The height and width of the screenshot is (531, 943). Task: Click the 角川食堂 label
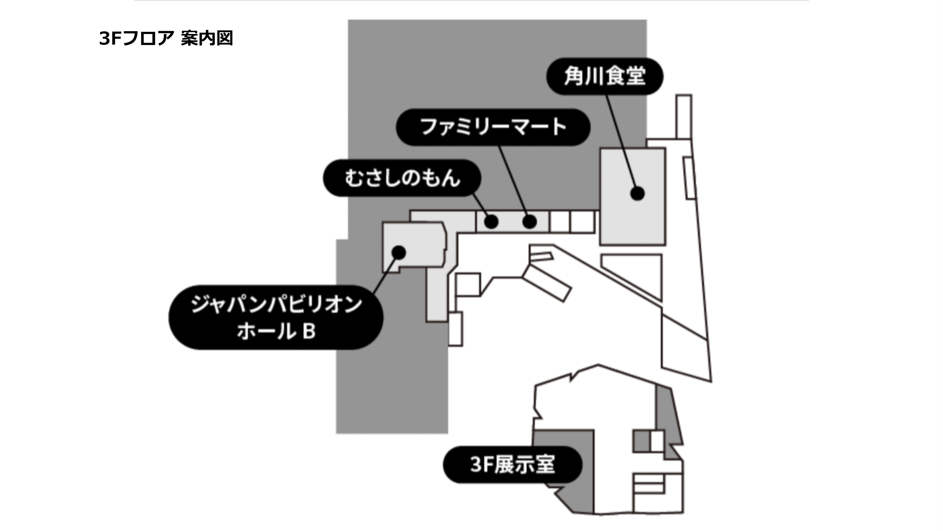(604, 76)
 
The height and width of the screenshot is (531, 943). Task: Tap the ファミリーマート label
(493, 127)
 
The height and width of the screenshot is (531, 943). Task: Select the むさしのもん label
(402, 178)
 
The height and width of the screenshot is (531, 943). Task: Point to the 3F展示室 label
(512, 464)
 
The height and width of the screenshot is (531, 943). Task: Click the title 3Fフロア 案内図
(166, 38)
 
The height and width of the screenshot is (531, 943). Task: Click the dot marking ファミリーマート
(529, 221)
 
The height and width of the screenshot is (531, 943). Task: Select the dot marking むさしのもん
(491, 221)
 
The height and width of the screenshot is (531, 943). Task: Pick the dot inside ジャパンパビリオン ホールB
(399, 252)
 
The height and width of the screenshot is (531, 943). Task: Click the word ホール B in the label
(276, 331)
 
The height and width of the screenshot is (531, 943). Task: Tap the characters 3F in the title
(110, 38)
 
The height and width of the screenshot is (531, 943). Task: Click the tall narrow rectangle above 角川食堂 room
(683, 116)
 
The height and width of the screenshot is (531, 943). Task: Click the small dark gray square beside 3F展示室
(641, 441)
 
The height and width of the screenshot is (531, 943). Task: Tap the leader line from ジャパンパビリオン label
(384, 275)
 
